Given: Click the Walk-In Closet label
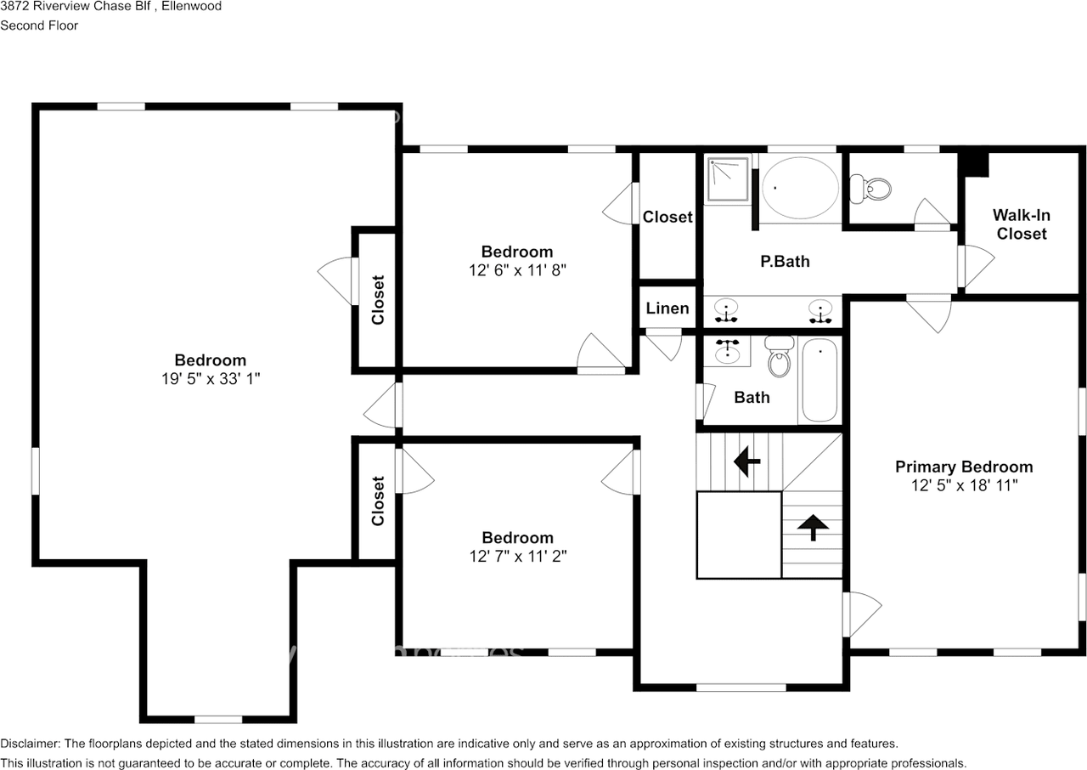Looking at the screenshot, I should tap(1021, 224).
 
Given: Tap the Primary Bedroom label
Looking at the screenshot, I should tap(964, 467).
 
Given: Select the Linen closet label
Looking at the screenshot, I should tap(667, 308).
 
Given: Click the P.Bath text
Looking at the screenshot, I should tap(784, 262).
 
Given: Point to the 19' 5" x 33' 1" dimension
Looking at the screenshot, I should tap(211, 379).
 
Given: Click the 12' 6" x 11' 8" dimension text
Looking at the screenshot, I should tap(517, 270).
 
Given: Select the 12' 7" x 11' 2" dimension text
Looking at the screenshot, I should tap(517, 557).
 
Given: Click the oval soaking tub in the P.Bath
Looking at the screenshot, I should tap(799, 187).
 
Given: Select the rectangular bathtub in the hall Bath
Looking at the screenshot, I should tap(819, 380).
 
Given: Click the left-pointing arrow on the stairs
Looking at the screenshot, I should tap(746, 462).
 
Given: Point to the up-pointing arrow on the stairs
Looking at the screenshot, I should tap(813, 528).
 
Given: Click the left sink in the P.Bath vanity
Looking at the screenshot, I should tap(726, 309).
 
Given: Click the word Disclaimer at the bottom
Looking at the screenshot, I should tap(30, 744).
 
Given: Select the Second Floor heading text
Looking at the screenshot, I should tap(39, 25).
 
